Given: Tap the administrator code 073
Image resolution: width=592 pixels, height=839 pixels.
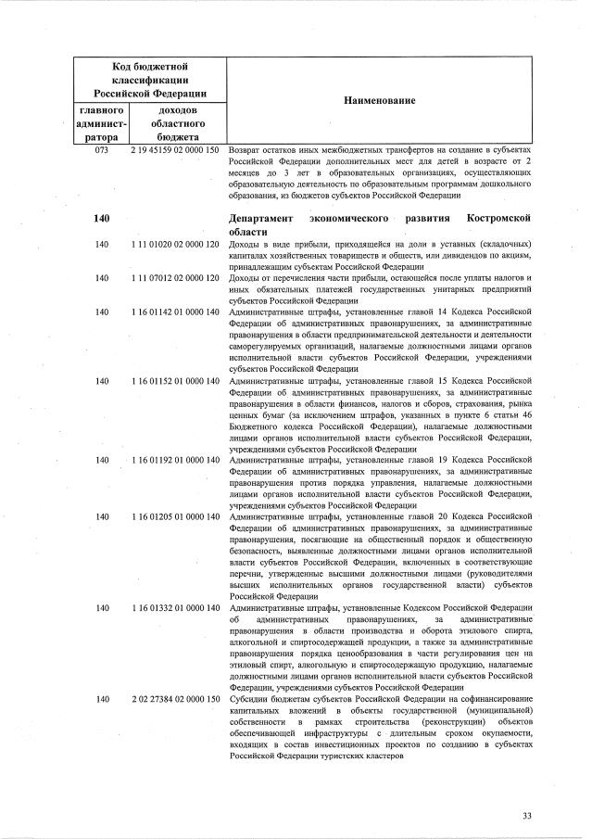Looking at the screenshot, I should click(x=102, y=149).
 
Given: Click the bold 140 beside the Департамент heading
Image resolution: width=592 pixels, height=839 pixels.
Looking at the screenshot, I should click(x=102, y=218).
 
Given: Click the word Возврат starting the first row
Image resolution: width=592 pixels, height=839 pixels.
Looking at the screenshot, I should click(x=246, y=149).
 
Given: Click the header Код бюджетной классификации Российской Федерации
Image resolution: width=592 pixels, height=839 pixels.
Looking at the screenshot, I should click(x=150, y=81).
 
